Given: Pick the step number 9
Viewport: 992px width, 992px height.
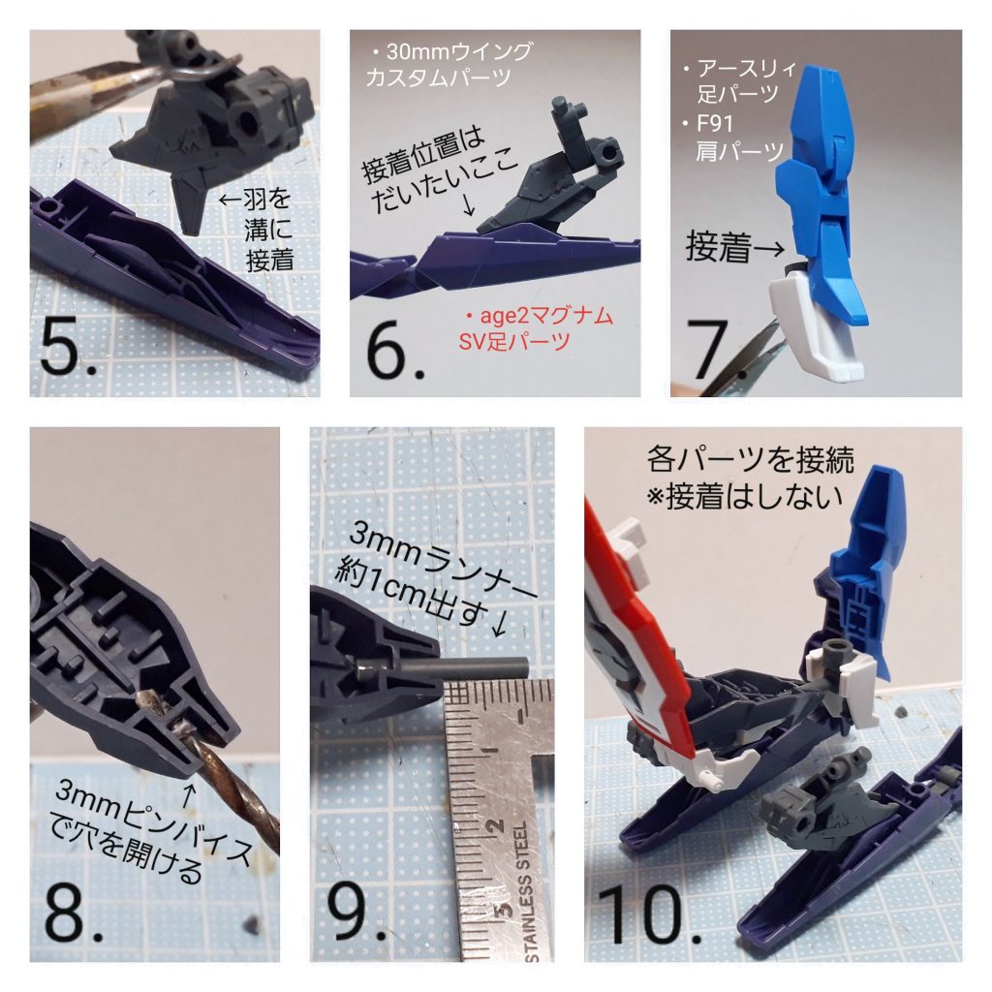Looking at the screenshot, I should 351,915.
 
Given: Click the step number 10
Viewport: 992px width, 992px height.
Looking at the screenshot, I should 646,915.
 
